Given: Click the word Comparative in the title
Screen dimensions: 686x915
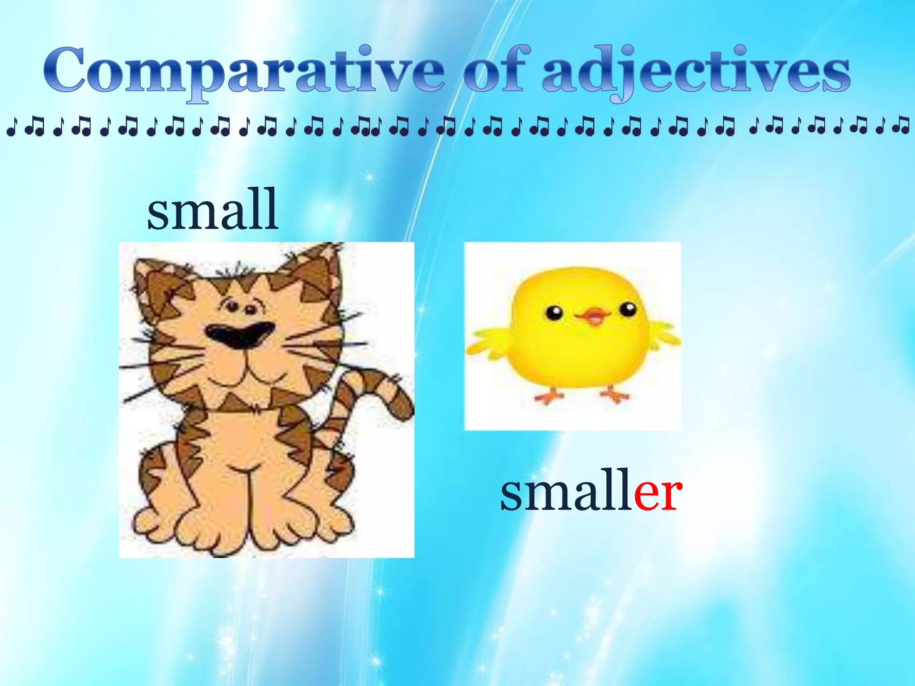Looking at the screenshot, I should coord(243,71).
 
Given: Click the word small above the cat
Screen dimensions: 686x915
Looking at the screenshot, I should coord(213,210).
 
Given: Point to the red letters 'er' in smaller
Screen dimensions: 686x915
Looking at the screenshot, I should coord(658,493).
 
